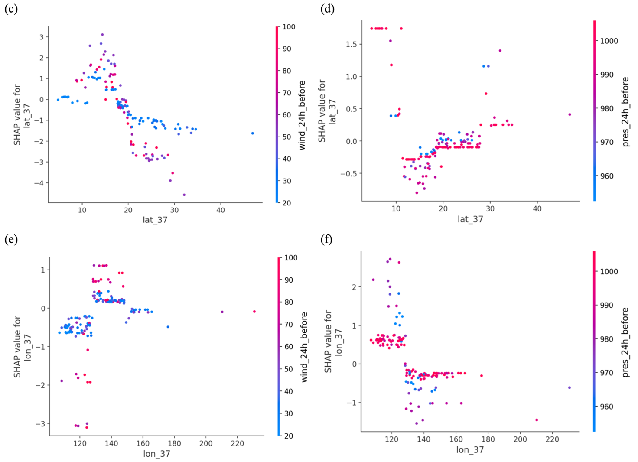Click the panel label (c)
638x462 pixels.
point(11,9)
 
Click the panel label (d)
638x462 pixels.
point(327,9)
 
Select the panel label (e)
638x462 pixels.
point(11,240)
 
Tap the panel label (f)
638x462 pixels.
point(326,240)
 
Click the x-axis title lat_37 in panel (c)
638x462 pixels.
point(155,220)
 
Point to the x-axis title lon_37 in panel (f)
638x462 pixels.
point(470,450)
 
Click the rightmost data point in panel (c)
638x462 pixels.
point(253,133)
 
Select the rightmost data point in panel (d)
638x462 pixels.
point(570,114)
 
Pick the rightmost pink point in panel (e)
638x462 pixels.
point(254,312)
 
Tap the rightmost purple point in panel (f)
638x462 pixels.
point(570,387)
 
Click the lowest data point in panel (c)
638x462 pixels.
point(184,195)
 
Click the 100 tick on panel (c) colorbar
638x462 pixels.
point(289,27)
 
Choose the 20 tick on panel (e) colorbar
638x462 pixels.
point(289,436)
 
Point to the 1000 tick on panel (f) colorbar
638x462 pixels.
point(609,271)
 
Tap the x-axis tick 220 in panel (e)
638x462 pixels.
point(237,444)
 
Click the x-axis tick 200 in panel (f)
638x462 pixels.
point(520,439)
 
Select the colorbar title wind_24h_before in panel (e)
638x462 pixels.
point(304,347)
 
